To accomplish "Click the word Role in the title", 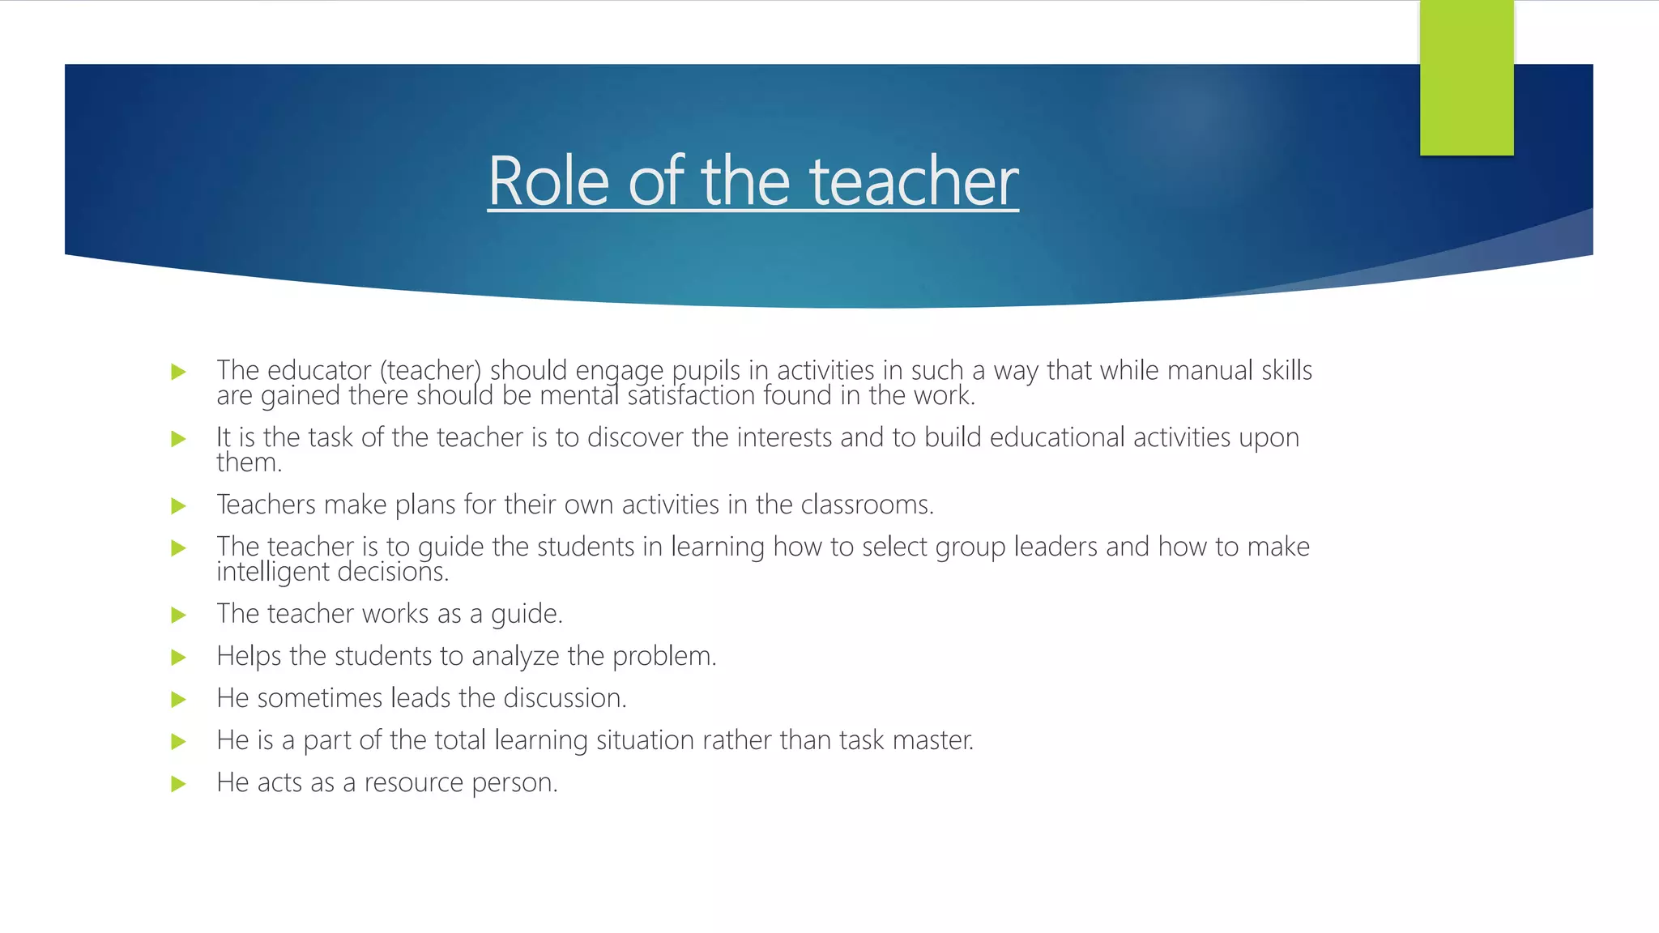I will click(x=548, y=181).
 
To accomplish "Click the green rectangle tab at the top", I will click(x=1466, y=78).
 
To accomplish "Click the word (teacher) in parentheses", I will click(x=430, y=371).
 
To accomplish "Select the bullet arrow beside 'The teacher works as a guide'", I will click(x=179, y=616).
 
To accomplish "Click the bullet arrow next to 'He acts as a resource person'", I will click(x=179, y=784).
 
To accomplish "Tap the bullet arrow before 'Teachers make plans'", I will click(x=179, y=506).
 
